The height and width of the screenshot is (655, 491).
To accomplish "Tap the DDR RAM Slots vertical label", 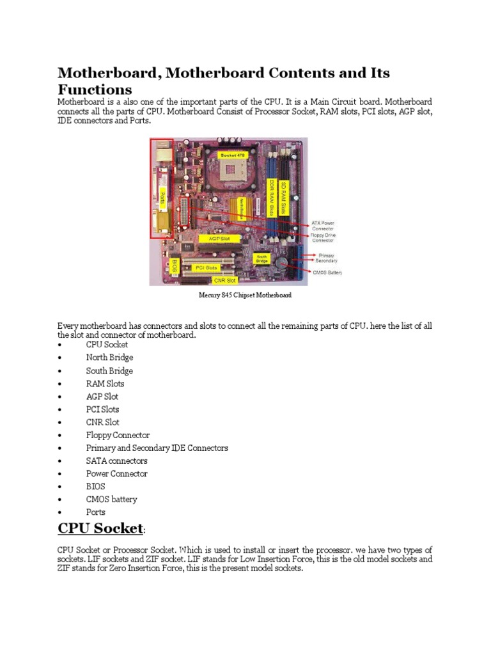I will point(271,199).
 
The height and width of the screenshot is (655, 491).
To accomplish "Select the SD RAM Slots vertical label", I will point(284,198).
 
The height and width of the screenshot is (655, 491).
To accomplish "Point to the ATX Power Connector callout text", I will point(323,226).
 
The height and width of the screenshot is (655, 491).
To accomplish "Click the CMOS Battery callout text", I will point(327,272).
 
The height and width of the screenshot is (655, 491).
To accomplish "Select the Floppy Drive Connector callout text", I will point(323,238).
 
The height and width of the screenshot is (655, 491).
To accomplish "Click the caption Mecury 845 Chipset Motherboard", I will point(245,296).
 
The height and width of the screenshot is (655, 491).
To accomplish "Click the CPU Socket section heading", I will point(100,528).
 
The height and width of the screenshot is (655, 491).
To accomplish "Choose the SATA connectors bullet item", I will point(116,461).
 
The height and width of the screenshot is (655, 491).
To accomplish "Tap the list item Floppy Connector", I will point(118,435).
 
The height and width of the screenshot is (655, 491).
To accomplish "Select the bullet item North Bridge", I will point(109,358).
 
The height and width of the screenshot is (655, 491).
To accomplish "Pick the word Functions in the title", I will point(95,89).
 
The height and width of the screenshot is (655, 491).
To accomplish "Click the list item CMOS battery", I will point(111,499).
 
